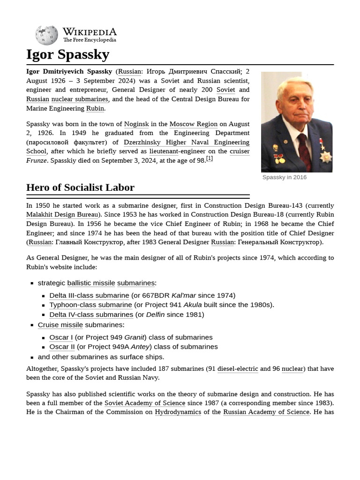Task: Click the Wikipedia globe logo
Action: point(46,35)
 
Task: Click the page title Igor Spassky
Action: point(67,54)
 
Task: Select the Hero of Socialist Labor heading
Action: point(80,187)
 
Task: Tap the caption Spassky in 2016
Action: point(285,177)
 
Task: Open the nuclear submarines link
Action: point(80,99)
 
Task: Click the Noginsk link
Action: point(136,124)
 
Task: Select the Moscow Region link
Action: point(193,124)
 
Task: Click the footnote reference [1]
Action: point(210,159)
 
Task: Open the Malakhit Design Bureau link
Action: point(62,215)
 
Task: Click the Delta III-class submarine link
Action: point(89,295)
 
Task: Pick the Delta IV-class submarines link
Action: point(91,315)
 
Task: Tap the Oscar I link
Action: point(61,337)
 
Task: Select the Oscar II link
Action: point(62,347)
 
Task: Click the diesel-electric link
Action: point(238,369)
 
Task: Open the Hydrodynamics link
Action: point(178,412)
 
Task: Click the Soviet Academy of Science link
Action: point(145,403)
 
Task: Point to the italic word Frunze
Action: point(36,160)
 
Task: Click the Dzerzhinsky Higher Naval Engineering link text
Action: point(186,142)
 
